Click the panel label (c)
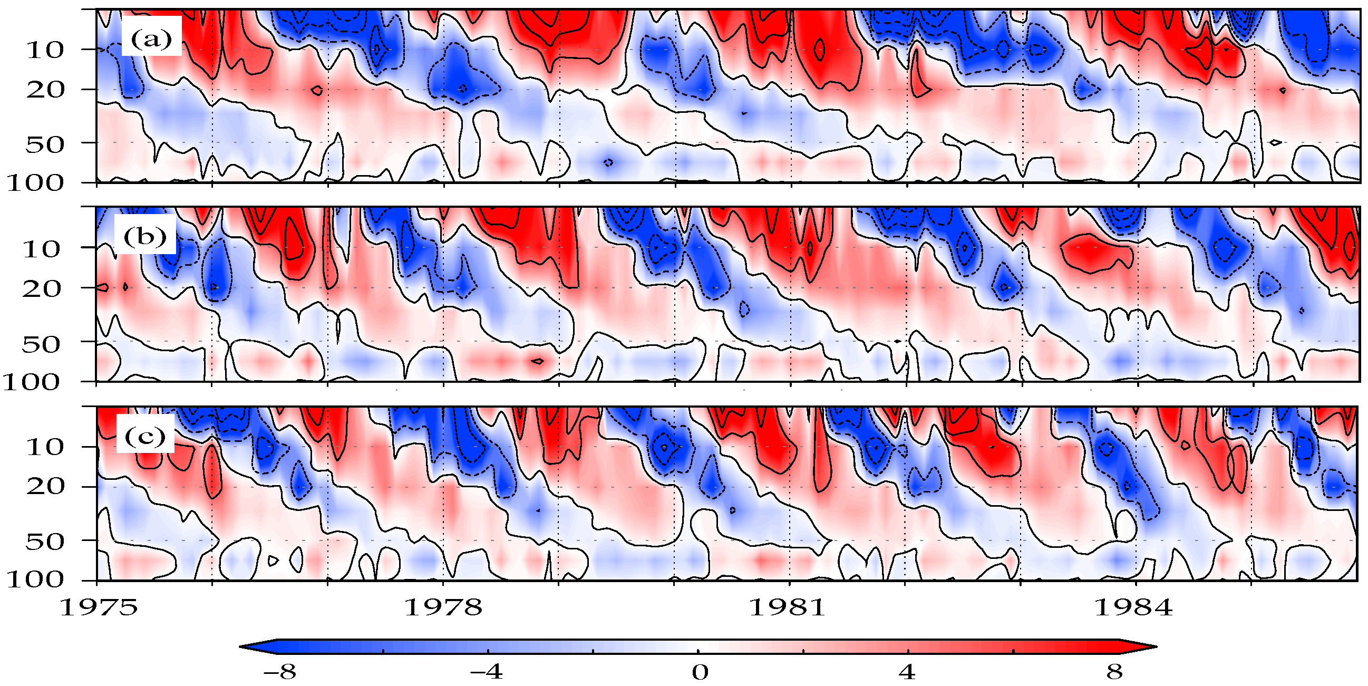point(145,436)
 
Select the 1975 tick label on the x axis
point(99,607)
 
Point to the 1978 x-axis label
point(443,607)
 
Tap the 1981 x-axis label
point(788,607)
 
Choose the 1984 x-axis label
point(1133,607)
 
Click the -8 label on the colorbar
point(280,672)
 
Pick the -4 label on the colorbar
point(487,672)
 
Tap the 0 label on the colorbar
point(700,672)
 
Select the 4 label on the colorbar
point(907,672)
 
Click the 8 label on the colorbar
point(1114,672)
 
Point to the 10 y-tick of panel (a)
point(45,50)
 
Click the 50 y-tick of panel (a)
point(45,144)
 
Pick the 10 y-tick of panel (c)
point(45,448)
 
